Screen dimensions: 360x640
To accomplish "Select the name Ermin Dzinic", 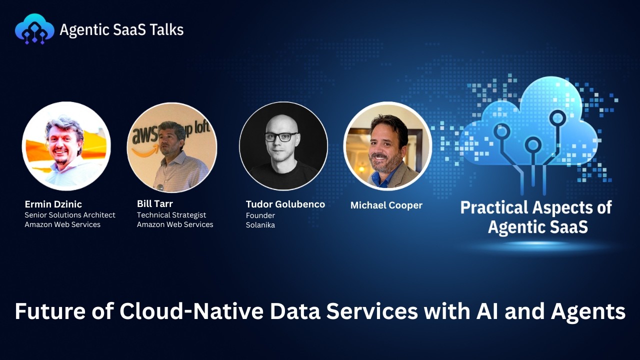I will coord(53,204).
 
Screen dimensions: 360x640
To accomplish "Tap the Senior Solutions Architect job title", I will coord(70,215).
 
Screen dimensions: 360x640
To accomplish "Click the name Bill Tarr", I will coord(154,204).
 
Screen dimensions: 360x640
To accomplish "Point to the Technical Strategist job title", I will coord(171,215).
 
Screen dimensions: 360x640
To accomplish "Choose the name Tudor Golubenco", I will coord(285,204).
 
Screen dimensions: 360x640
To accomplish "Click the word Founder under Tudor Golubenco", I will coord(260,215).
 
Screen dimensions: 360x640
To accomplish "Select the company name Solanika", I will coord(260,225).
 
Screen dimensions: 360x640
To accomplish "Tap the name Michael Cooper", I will coord(386,205).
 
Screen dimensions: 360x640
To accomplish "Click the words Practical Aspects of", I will coord(535,207).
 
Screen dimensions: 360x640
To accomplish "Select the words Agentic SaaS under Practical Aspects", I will coord(537,227).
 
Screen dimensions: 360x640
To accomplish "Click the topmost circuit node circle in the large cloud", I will coord(557,118).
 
